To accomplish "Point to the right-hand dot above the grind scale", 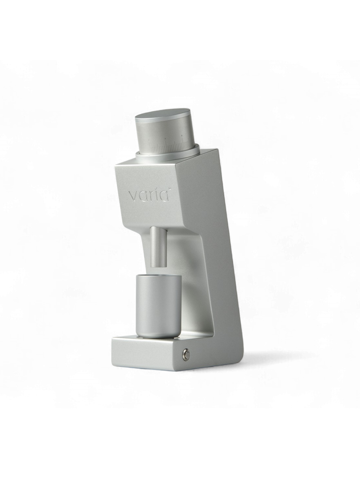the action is (181, 135).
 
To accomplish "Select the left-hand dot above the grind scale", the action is (165, 138).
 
